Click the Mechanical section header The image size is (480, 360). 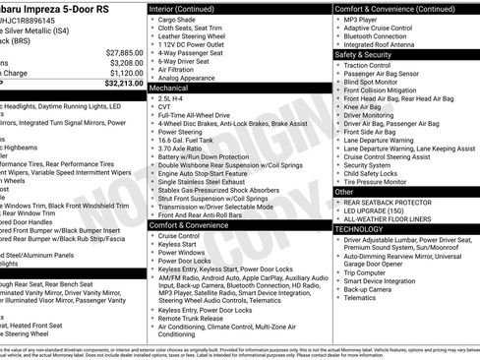click(170, 88)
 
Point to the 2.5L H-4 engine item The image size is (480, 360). click(175, 98)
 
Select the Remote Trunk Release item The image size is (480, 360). click(191, 319)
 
